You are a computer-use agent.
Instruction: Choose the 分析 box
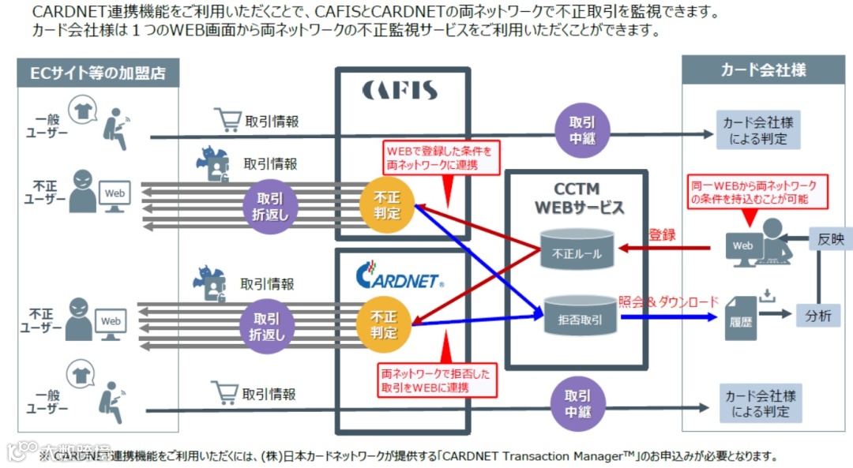coord(818,316)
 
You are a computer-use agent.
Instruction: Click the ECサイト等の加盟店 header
coord(98,73)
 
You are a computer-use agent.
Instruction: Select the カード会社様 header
coord(763,70)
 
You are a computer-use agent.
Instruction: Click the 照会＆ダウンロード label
coord(668,301)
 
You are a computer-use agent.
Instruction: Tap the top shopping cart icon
coord(227,120)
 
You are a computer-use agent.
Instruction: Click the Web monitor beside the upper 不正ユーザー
coord(115,195)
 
